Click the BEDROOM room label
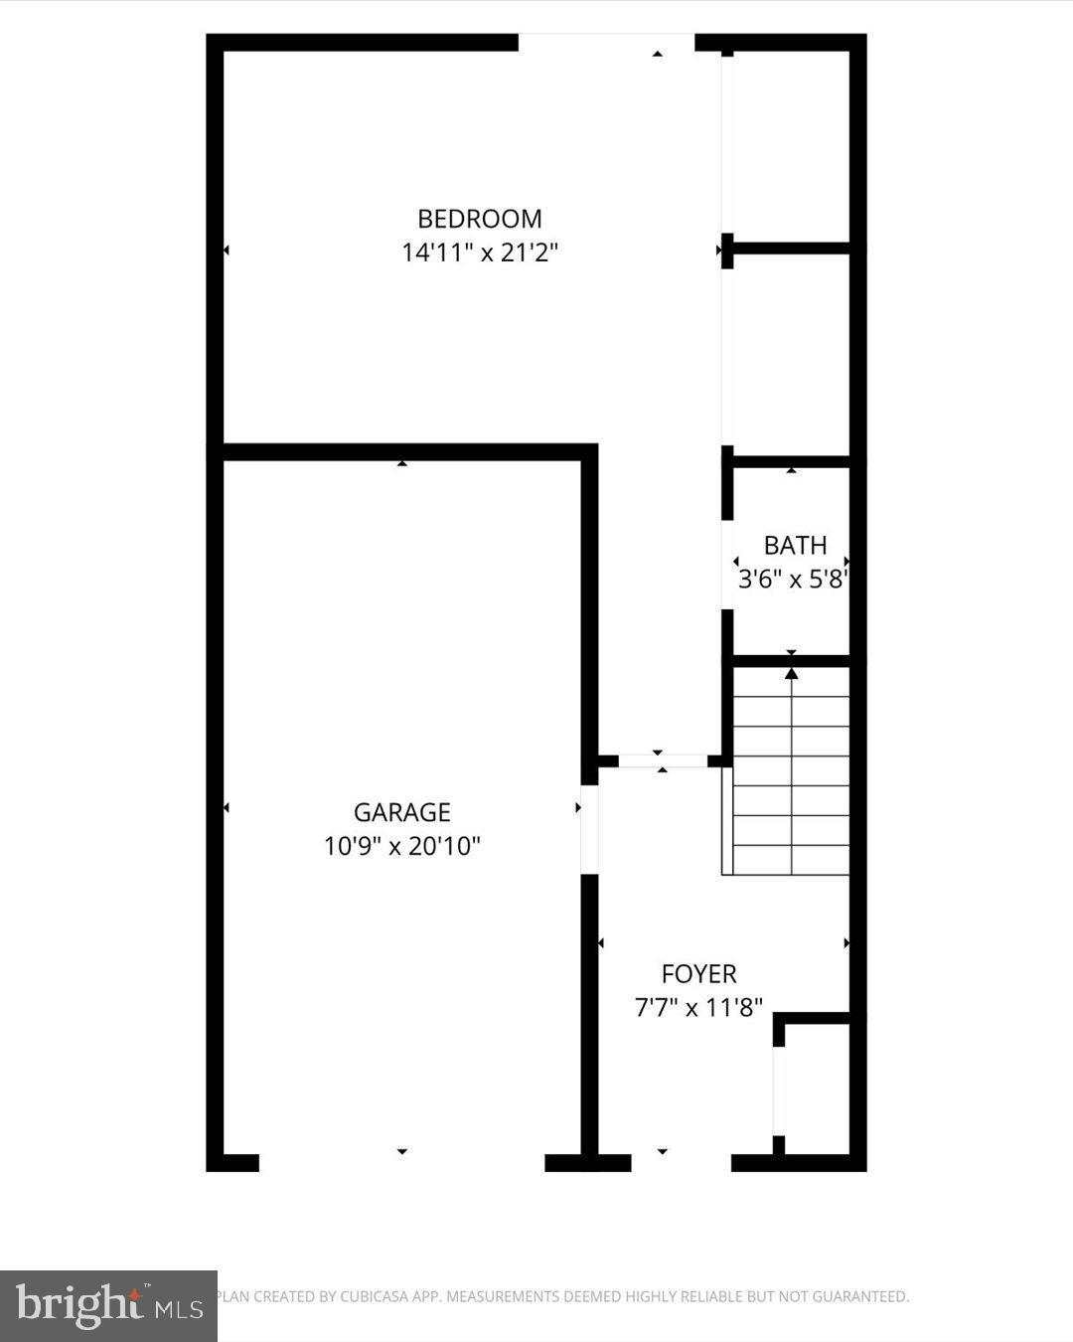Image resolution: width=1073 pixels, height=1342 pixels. coord(480,219)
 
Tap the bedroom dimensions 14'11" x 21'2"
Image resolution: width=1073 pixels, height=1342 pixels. coord(480,252)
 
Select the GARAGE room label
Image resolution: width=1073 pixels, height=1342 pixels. coord(402,812)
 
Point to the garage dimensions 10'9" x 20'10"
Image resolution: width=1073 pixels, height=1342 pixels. coord(402,846)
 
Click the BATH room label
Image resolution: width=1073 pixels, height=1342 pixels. coord(795,545)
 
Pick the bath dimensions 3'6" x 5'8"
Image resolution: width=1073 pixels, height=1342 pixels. coord(792,579)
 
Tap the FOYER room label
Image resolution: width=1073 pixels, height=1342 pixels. coord(699,973)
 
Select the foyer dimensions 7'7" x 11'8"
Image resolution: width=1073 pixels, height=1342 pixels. coord(699,1007)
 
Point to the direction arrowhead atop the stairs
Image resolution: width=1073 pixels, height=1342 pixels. coord(792,673)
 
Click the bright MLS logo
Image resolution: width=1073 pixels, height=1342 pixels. coord(109,1304)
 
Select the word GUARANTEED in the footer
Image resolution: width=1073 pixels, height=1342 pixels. coord(860,1296)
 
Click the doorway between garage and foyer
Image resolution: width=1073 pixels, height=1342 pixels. coord(590,829)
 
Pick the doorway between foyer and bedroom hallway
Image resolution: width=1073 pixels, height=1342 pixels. coord(662,761)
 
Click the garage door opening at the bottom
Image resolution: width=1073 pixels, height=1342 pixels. coord(402,1162)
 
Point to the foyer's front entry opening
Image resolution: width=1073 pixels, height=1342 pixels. coord(682,1162)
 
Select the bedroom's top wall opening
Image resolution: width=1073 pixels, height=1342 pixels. coord(606,42)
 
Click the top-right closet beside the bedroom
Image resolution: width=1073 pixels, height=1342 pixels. coord(791,144)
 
